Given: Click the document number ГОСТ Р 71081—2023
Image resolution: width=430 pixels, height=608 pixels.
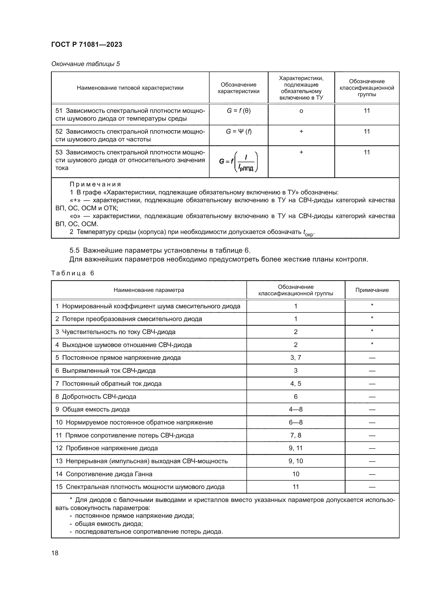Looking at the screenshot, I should point(87,44).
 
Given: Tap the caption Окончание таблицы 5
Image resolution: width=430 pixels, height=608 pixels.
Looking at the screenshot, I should point(86,64).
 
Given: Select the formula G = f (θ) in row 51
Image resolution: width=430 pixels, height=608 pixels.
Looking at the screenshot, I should point(239,111).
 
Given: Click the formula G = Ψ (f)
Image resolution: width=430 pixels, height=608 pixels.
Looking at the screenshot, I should point(239,131).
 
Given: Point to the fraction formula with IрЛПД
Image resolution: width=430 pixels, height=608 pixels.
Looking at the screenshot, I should point(239,161).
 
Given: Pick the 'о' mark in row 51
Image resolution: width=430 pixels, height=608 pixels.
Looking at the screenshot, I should point(301,111).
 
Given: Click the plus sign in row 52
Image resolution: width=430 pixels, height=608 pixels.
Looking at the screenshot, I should point(301,131).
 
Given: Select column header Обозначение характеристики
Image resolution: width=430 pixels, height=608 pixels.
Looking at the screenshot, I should point(238,88).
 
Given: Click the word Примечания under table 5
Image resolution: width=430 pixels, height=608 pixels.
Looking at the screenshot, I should point(95,184).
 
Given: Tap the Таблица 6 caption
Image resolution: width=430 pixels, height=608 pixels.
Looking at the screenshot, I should point(73,273).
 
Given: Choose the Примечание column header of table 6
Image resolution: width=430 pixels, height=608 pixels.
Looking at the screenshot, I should point(372,290).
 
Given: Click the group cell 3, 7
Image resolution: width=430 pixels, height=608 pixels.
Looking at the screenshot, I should point(296,358).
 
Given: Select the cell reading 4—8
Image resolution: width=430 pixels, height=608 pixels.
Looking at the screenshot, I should point(296,409).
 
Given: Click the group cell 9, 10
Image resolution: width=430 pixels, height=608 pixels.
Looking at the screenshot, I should point(296,461).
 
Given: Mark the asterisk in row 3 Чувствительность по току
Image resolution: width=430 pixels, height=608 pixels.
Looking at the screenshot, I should point(372,331).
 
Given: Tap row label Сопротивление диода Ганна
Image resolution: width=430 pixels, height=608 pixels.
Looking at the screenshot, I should point(109,474).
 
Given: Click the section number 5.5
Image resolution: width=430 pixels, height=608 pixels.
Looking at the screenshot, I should point(74,251).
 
